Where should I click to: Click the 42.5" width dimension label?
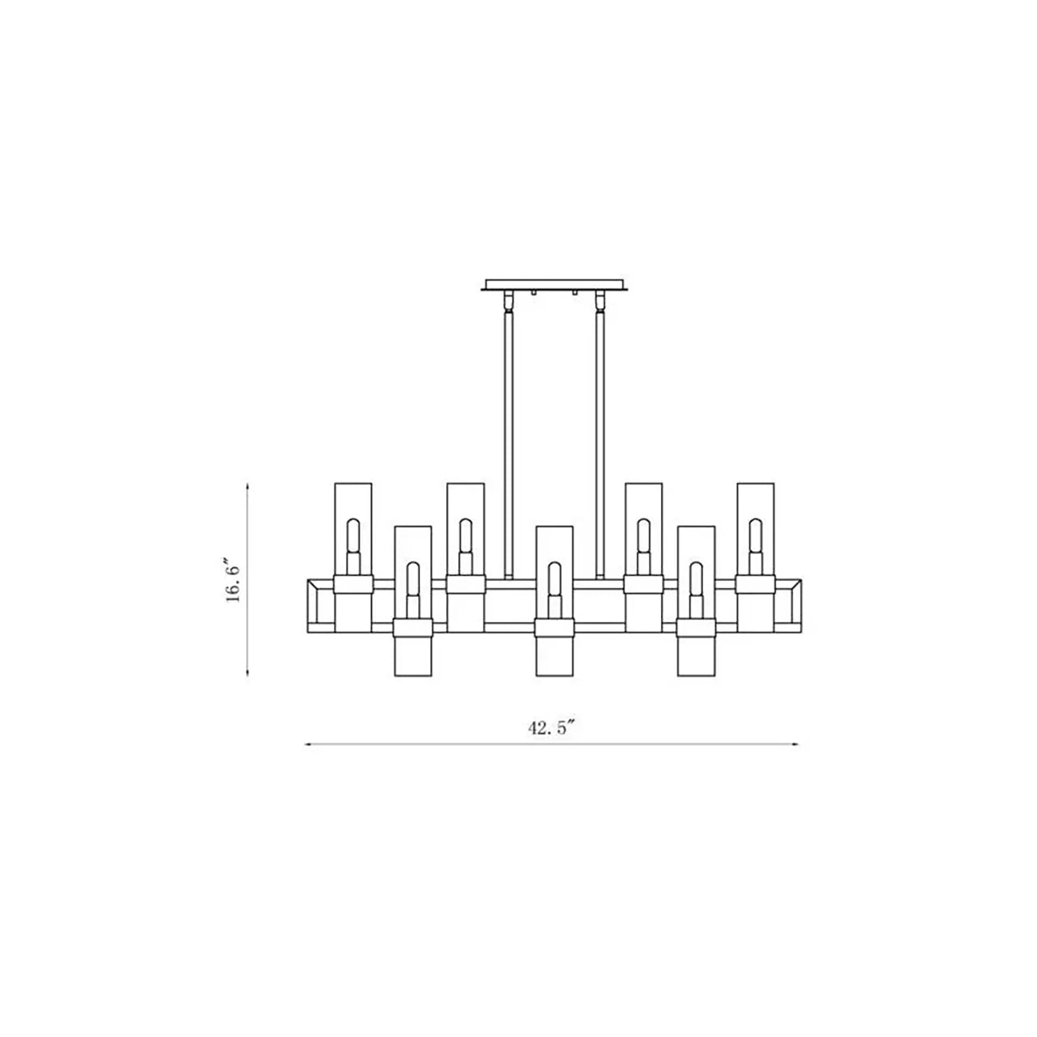click(x=552, y=728)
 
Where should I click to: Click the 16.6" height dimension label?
click(x=233, y=579)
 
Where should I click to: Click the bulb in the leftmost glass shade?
click(x=352, y=538)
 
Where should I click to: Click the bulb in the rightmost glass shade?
click(x=755, y=538)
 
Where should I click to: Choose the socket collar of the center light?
click(x=554, y=629)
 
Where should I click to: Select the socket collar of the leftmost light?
click(x=352, y=585)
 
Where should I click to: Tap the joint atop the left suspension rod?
click(x=508, y=302)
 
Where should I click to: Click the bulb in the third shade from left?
click(x=465, y=538)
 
